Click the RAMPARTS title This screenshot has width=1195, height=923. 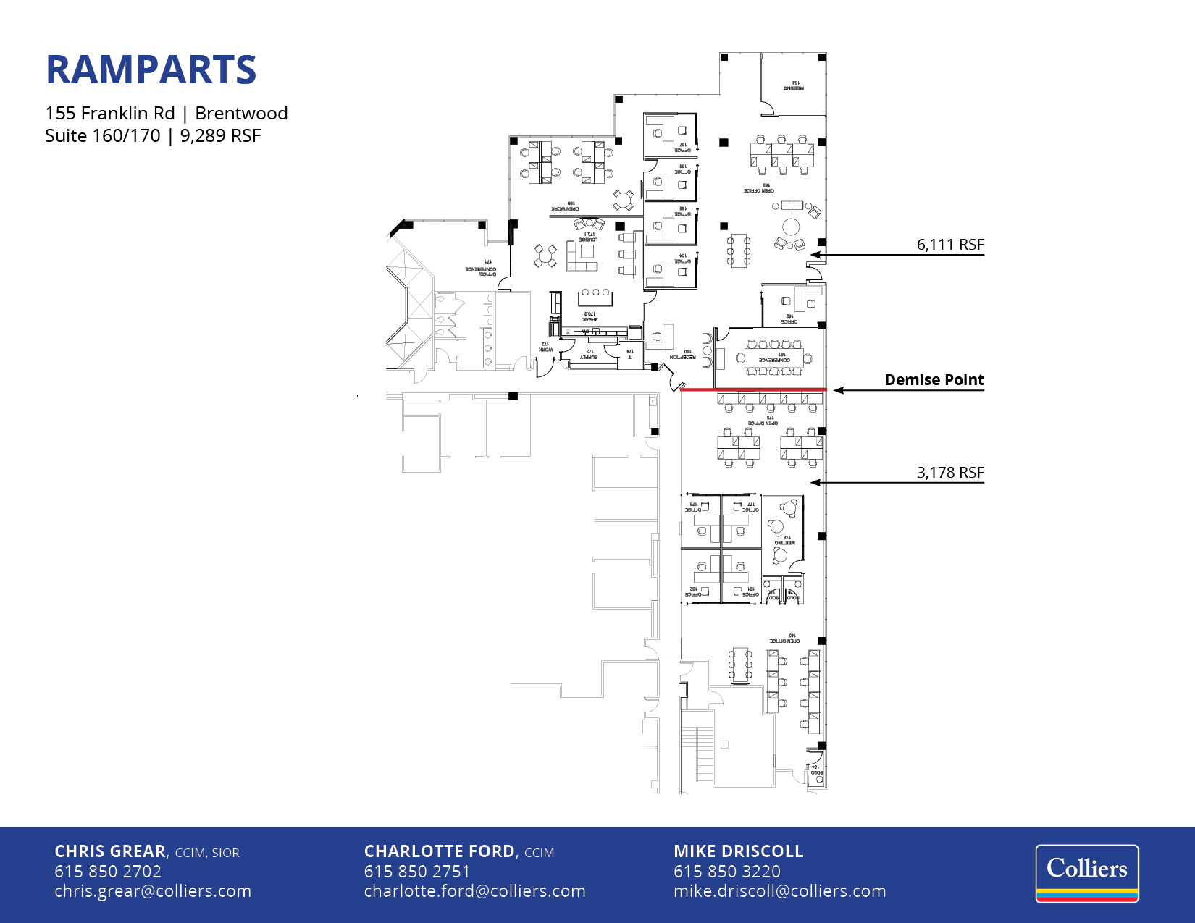pyautogui.click(x=151, y=70)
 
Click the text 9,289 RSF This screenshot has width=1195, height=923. pyautogui.click(x=220, y=136)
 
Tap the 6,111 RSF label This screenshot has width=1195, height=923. pyautogui.click(x=949, y=245)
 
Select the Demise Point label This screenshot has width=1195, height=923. pyautogui.click(x=934, y=380)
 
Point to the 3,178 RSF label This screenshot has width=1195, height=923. pyautogui.click(x=949, y=473)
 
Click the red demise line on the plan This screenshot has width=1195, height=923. pyautogui.click(x=753, y=389)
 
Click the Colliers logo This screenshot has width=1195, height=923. pyautogui.click(x=1086, y=873)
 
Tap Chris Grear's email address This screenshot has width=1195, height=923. pyautogui.click(x=153, y=891)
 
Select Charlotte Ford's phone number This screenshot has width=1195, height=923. pyautogui.click(x=416, y=872)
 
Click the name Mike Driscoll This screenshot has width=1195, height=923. pyautogui.click(x=738, y=851)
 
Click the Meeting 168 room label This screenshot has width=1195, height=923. pyautogui.click(x=794, y=85)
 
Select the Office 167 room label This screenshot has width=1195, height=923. pyautogui.click(x=682, y=148)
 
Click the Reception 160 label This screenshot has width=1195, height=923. pyautogui.click(x=682, y=355)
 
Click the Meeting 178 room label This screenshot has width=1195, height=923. pyautogui.click(x=784, y=540)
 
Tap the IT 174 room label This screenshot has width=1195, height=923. pyautogui.click(x=630, y=354)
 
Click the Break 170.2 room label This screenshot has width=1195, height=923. pyautogui.click(x=590, y=316)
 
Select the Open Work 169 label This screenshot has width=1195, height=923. pyautogui.click(x=565, y=206)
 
